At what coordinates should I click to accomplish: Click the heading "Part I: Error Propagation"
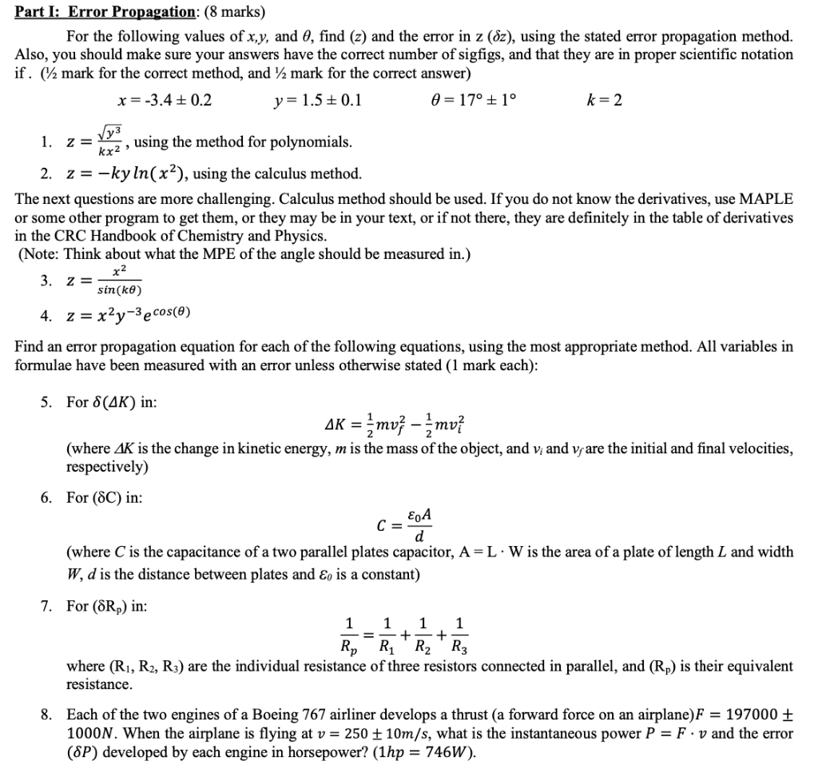(x=111, y=13)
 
